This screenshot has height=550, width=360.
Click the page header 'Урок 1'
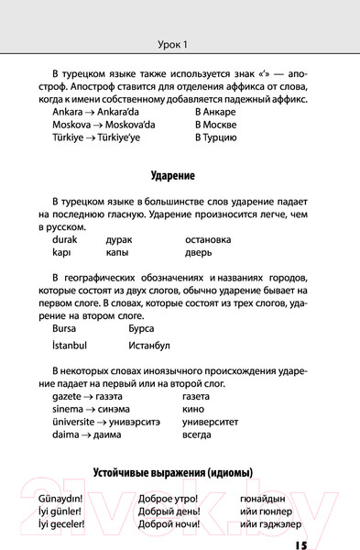pos(180,43)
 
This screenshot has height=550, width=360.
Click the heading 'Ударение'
pos(180,175)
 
